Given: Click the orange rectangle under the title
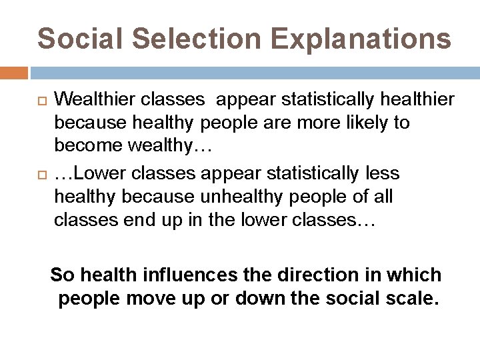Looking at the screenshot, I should [x=14, y=73].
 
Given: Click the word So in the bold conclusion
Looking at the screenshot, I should [x=62, y=274].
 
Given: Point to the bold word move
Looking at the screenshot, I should [x=156, y=298].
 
